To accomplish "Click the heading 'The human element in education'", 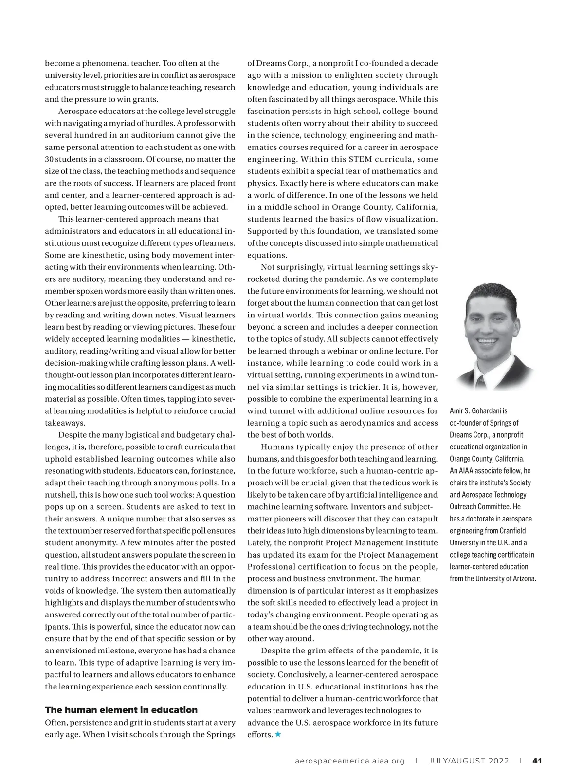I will pos(121,710).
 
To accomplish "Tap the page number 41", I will pos(537,761).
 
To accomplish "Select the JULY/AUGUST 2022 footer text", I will pos(469,761).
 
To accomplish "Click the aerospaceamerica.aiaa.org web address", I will pos(350,761).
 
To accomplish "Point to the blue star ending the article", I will pos(278,734).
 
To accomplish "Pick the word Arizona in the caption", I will pos(522,578).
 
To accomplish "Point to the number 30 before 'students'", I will pos(49,159).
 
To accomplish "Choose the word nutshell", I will pos(60,495).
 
